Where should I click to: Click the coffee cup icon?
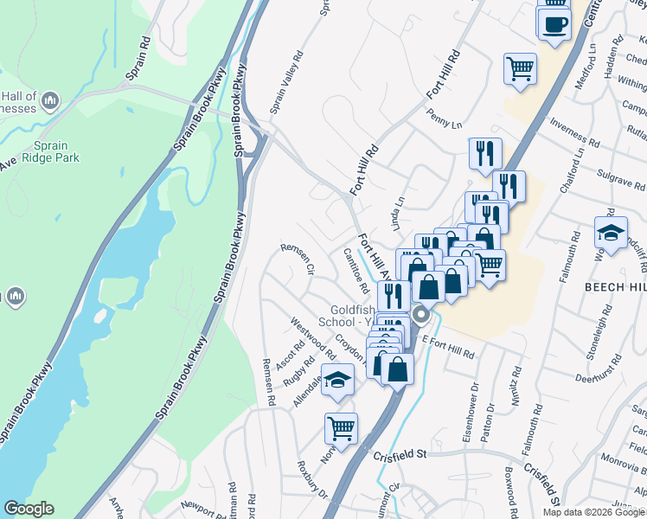click(554, 23)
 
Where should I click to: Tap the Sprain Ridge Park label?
click(57, 152)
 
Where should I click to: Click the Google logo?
click(29, 509)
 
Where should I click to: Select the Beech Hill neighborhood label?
click(615, 286)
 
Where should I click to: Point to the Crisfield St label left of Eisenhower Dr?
click(400, 454)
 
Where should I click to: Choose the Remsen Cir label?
click(297, 259)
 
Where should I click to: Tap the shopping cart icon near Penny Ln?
click(520, 68)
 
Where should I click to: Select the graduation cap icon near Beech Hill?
click(611, 233)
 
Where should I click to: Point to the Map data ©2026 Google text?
click(593, 512)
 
